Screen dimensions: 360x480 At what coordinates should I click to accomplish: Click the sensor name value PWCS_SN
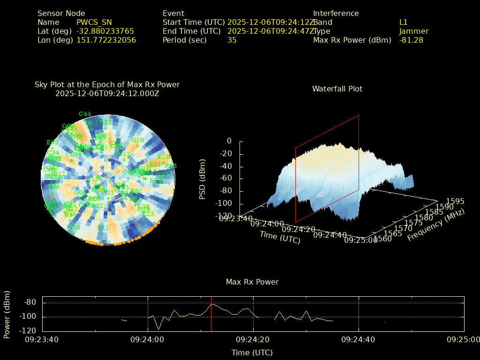point(94,22)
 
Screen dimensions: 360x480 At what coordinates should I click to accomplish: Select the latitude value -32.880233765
point(105,31)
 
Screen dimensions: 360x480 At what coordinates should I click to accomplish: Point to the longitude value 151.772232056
point(106,40)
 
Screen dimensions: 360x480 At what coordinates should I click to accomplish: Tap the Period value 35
point(232,40)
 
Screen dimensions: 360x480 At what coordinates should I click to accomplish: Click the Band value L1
point(404,22)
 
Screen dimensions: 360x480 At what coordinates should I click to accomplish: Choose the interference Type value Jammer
point(414,31)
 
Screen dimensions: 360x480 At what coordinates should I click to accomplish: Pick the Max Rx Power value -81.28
point(411,40)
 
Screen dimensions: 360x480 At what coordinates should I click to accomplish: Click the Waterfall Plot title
point(337,89)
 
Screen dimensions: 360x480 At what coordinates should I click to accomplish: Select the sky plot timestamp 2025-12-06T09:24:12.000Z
point(107,93)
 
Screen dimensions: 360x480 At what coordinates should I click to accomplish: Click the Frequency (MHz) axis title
point(435,225)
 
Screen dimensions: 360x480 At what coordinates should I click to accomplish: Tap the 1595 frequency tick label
point(455,201)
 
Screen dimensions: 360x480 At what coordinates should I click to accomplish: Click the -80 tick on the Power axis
point(30,302)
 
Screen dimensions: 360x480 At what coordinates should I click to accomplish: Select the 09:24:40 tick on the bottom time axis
point(359,339)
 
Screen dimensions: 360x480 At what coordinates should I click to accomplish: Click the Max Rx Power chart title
point(252,282)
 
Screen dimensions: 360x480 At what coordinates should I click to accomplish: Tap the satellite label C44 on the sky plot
point(85,114)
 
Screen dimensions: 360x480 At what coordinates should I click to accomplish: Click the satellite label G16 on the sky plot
point(137,140)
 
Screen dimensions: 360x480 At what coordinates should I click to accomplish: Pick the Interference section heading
point(336,13)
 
